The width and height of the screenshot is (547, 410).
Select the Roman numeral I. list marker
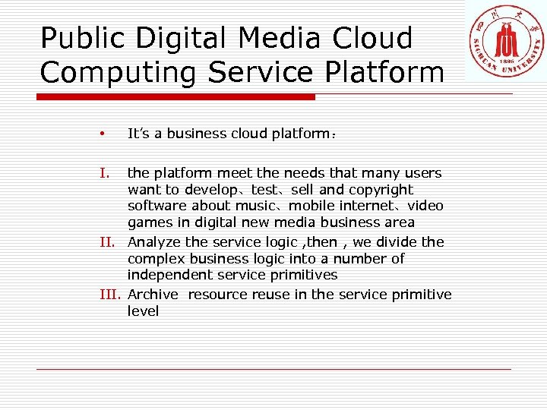click(x=105, y=173)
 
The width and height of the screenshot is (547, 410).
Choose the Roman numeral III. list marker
click(x=110, y=295)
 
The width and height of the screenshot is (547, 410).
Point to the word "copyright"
click(x=381, y=190)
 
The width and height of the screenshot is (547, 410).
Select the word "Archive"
click(x=153, y=295)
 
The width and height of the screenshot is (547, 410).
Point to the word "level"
click(x=143, y=311)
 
